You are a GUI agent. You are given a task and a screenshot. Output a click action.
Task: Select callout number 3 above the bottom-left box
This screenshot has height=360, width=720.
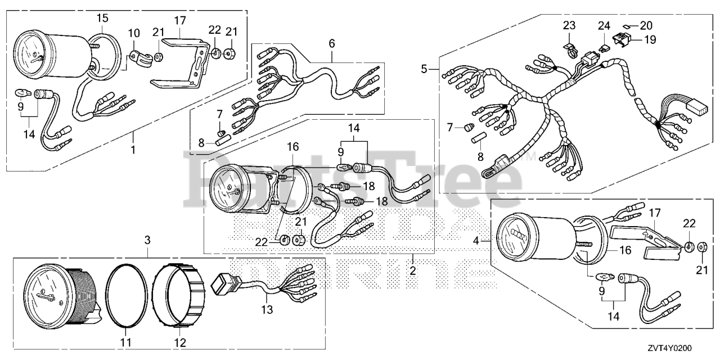pos(148,241)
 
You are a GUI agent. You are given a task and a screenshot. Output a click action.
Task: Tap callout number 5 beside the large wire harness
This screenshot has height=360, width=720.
pos(426,69)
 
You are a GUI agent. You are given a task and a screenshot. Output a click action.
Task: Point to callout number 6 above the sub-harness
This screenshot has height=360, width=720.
pos(332,43)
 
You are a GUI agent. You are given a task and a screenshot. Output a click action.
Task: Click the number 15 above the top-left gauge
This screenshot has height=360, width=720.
pos(102,19)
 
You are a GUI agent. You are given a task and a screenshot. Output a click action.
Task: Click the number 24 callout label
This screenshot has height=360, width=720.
pos(604,25)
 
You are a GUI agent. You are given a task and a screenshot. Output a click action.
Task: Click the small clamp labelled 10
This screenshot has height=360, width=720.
pos(136,57)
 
